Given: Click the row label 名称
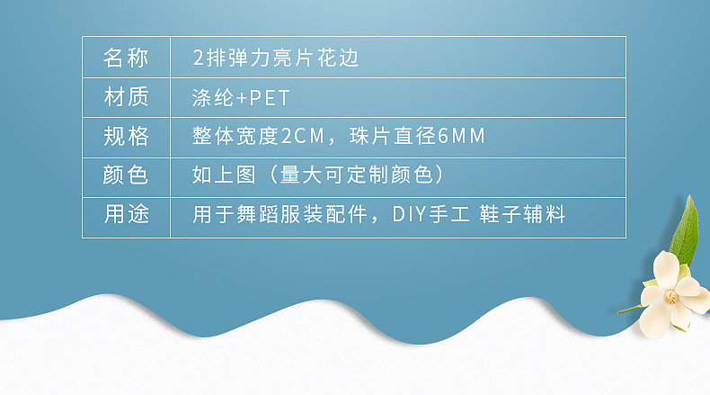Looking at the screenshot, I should [126, 58].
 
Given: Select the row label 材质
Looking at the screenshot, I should [126, 97].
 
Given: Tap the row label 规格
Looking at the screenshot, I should [126, 137].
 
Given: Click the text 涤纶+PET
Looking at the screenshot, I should [241, 97].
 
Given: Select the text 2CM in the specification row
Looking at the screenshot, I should [301, 137].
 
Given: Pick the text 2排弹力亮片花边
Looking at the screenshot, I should [276, 58].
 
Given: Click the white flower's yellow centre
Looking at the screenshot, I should [670, 297].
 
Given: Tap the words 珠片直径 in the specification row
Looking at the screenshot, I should [391, 137].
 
